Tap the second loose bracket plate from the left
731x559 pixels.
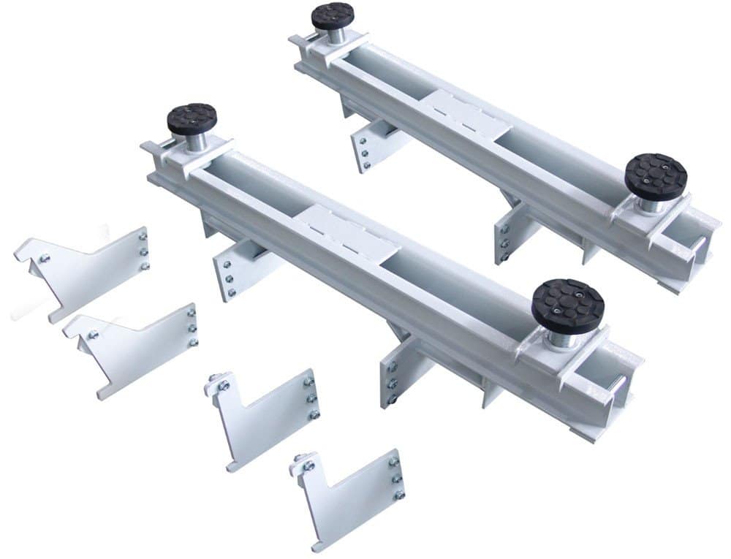[x=135, y=347]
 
